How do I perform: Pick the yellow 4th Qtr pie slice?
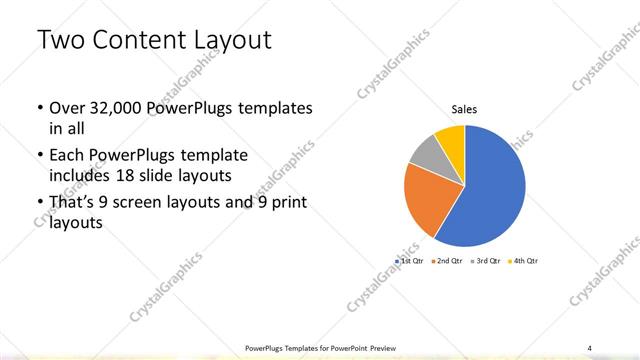click(450, 138)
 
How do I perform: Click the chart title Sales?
click(464, 108)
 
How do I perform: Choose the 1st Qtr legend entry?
click(411, 261)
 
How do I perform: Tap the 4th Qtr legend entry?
click(525, 261)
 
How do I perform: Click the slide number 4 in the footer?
click(590, 347)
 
